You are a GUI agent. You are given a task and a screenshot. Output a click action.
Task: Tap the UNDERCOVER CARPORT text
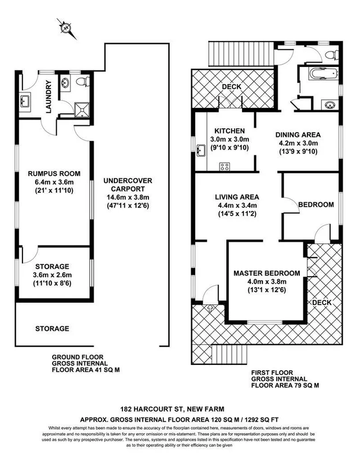[x=127, y=185]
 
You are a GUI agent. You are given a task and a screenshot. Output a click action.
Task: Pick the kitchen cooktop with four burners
[x=224, y=166]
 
